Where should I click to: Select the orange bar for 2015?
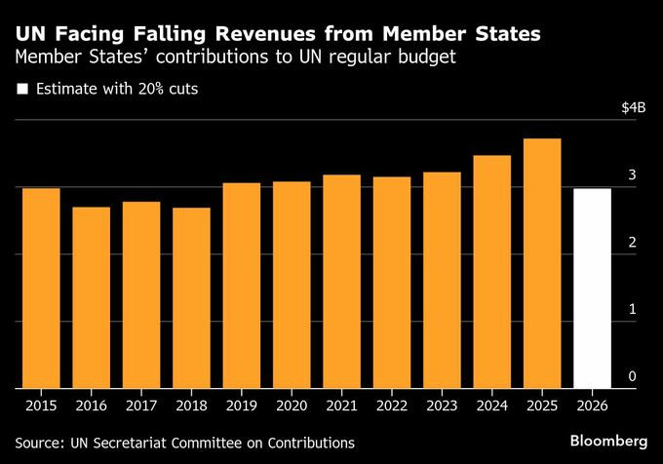pos(40,288)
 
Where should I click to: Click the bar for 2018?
pos(191,297)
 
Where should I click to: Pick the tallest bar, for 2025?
pos(542,263)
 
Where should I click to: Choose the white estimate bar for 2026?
pos(592,288)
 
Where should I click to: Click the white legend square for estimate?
pos(21,90)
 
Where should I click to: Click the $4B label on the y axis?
pos(634,107)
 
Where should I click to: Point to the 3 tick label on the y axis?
pos(632,174)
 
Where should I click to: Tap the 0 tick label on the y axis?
pos(632,376)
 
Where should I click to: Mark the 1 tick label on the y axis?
pos(632,309)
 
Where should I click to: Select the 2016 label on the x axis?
pos(91,405)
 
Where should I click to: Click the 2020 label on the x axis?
pos(292,405)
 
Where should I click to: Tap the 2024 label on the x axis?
pos(492,405)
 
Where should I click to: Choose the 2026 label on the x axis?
pos(592,405)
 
